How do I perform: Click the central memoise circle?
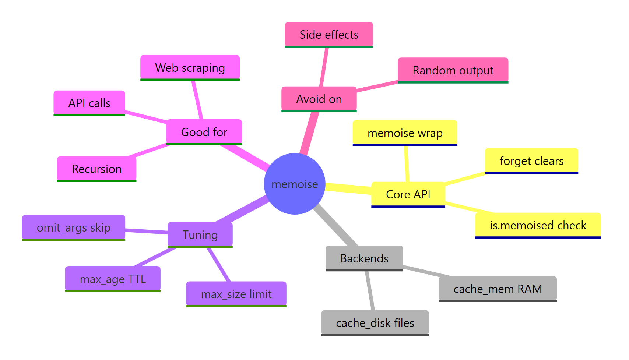pyautogui.click(x=295, y=184)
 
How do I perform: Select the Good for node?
pyautogui.click(x=204, y=132)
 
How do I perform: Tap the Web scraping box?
pyautogui.click(x=190, y=68)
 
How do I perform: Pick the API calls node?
pyautogui.click(x=89, y=103)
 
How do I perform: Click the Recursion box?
pyautogui.click(x=96, y=169)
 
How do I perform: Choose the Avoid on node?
pyautogui.click(x=319, y=99)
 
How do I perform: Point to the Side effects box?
pyautogui.click(x=329, y=35)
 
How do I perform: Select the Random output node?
pyautogui.click(x=453, y=70)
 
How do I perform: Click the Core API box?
pyautogui.click(x=408, y=194)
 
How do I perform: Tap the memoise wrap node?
pyautogui.click(x=405, y=133)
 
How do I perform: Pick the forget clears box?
pyautogui.click(x=531, y=161)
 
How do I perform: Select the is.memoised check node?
pyautogui.click(x=538, y=225)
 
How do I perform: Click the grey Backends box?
pyautogui.click(x=364, y=258)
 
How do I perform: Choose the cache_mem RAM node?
pyautogui.click(x=498, y=289)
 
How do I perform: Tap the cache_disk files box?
pyautogui.click(x=375, y=323)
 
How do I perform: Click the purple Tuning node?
pyautogui.click(x=200, y=235)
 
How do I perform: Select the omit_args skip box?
pyautogui.click(x=74, y=228)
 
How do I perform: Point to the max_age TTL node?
pyautogui.click(x=113, y=279)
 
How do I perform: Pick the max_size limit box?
pyautogui.click(x=236, y=294)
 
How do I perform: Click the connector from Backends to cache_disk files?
pyautogui.click(x=370, y=291)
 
